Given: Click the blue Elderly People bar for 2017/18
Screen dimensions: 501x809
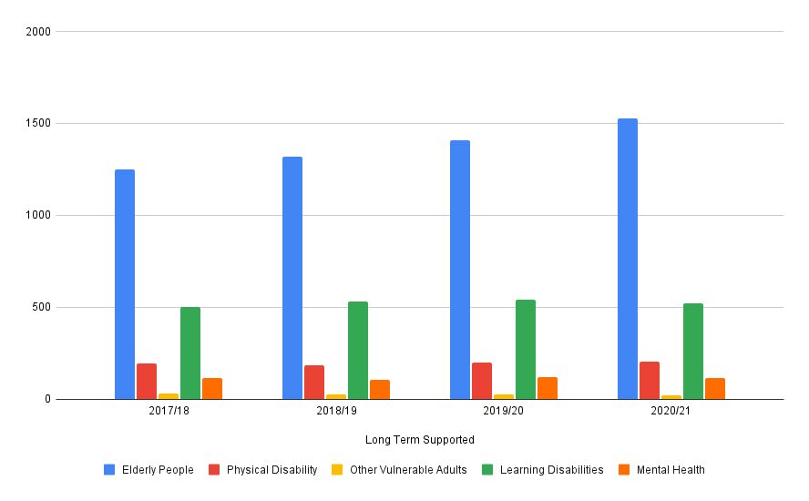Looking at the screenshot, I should pos(125,284).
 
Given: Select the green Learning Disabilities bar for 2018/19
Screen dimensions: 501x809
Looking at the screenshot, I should pos(358,351).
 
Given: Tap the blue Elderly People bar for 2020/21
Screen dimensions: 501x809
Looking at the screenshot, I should pos(628,259).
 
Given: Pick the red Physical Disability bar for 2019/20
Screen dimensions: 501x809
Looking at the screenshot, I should pos(482,381).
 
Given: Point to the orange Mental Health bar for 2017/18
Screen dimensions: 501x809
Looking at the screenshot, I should pos(212,389).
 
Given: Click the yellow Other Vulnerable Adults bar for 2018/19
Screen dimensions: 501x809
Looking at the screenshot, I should pos(336,396).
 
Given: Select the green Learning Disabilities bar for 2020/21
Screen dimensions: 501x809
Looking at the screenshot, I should pos(693,352).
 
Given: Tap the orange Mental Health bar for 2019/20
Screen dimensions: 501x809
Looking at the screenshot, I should pos(548,388).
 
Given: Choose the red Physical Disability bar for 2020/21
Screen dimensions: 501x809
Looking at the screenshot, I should pos(650,381).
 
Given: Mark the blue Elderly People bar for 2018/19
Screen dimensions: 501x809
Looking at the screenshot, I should pos(292,278).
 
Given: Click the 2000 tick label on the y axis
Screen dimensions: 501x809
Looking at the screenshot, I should pos(40,32).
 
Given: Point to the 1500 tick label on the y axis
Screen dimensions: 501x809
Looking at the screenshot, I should pos(40,124).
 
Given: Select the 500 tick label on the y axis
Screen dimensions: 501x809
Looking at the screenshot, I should pos(43,307).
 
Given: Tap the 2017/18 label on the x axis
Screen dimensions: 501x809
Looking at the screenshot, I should pos(169,412).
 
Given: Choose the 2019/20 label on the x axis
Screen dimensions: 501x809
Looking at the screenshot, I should pos(504,412).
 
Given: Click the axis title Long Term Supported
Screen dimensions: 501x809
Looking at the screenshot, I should pos(420,440).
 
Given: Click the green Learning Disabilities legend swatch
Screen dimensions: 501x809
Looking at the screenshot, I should pos(489,470).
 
